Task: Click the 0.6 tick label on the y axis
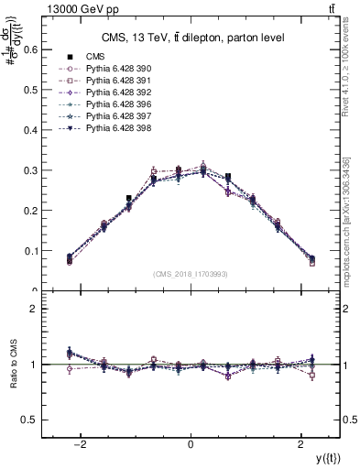click(x=27, y=49)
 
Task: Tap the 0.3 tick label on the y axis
click(x=27, y=170)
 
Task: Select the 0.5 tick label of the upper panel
click(x=27, y=90)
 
